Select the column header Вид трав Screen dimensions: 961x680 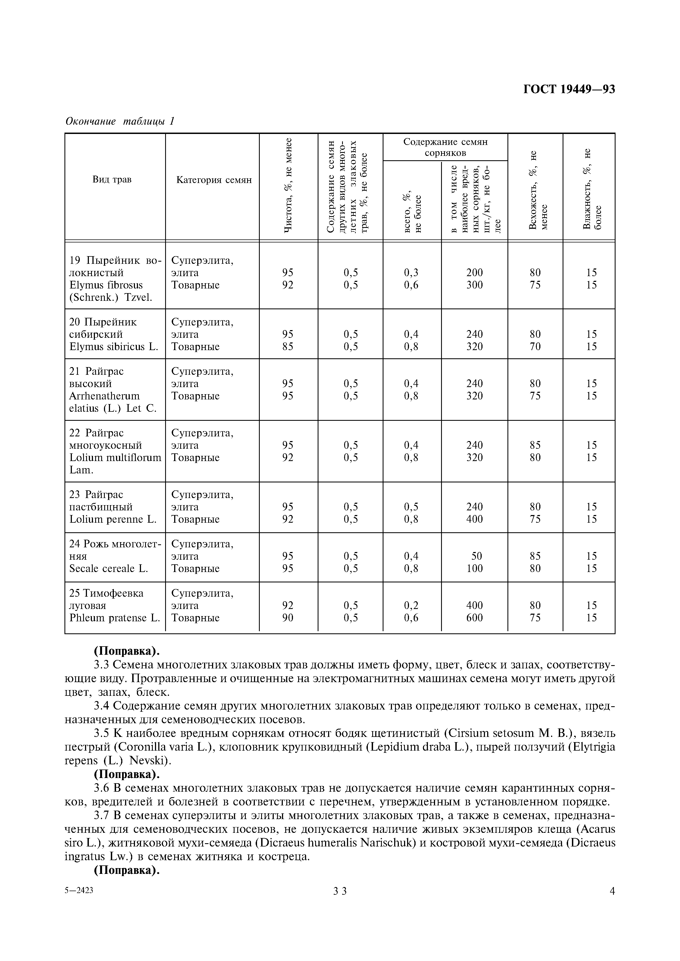click(112, 179)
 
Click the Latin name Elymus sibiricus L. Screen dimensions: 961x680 click(114, 347)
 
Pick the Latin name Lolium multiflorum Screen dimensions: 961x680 click(115, 457)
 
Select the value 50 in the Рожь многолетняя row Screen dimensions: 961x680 click(476, 556)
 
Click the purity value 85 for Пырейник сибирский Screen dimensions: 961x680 click(287, 347)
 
